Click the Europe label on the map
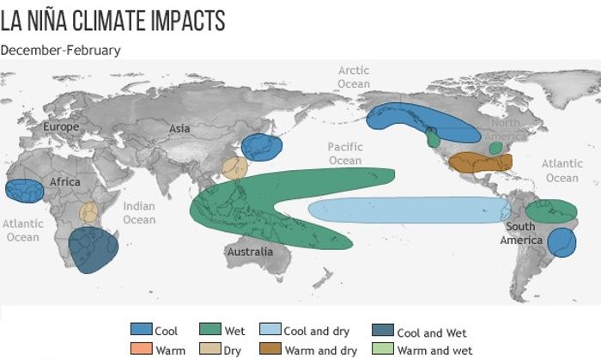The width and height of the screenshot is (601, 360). tap(61, 126)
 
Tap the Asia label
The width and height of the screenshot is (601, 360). tap(179, 128)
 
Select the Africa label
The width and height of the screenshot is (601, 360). tap(64, 181)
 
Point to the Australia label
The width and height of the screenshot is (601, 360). tap(251, 252)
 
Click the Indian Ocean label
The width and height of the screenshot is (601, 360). tap(139, 213)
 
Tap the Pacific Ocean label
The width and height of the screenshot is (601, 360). tap(345, 153)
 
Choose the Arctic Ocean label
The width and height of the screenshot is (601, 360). tap(354, 77)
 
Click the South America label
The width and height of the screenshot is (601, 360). tap(521, 233)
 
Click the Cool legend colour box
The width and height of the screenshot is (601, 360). tap(141, 329)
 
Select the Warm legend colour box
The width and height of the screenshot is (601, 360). tap(141, 348)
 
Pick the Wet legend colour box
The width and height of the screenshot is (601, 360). tap(210, 329)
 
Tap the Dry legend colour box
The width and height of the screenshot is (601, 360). tap(210, 348)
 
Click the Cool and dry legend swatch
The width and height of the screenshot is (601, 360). tap(270, 329)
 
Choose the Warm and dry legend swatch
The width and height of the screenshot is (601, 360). tap(270, 348)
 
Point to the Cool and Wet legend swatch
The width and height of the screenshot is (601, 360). tap(383, 330)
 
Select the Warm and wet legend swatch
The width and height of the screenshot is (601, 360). tap(383, 348)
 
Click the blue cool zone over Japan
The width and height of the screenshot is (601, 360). tap(262, 147)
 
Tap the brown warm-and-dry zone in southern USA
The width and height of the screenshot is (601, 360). tap(480, 162)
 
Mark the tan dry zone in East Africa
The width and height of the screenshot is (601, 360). tap(89, 212)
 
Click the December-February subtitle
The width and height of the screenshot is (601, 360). tap(61, 50)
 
